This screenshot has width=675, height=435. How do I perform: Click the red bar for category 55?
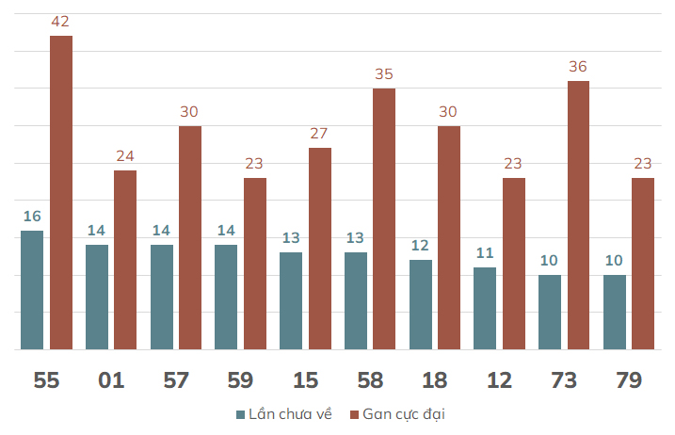pyautogui.click(x=61, y=192)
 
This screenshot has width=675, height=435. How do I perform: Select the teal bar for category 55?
pyautogui.click(x=32, y=290)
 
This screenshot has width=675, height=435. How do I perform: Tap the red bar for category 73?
pyautogui.click(x=579, y=215)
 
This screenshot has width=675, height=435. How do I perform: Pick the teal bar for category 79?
pyautogui.click(x=615, y=313)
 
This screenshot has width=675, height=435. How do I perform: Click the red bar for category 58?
pyautogui.click(x=384, y=218)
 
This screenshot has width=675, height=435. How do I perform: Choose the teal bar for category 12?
pyautogui.click(x=485, y=309)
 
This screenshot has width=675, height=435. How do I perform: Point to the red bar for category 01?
pyautogui.click(x=125, y=260)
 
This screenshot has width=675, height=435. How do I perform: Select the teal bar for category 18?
pyautogui.click(x=421, y=304)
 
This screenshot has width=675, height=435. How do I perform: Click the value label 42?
pyautogui.click(x=60, y=22)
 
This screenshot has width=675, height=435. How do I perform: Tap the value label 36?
pyautogui.click(x=578, y=67)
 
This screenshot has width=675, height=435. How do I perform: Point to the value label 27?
pyautogui.click(x=319, y=134)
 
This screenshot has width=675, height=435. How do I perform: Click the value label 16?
pyautogui.click(x=32, y=217)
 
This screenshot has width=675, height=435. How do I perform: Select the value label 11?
pyautogui.click(x=485, y=253)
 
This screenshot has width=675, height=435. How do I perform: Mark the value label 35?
pyautogui.click(x=384, y=74)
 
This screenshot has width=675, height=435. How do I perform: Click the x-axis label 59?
pyautogui.click(x=240, y=380)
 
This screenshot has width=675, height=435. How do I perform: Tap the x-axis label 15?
pyautogui.click(x=306, y=380)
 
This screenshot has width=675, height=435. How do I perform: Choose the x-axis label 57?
pyautogui.click(x=176, y=380)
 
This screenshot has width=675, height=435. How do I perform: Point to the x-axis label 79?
pyautogui.click(x=629, y=380)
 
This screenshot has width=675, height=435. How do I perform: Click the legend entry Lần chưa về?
pyautogui.click(x=284, y=414)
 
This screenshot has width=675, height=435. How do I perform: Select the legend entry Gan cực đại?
pyautogui.click(x=398, y=414)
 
